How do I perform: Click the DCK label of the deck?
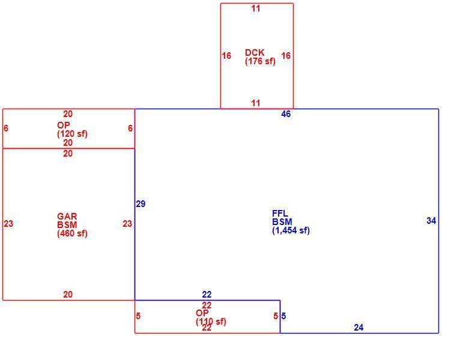click(x=255, y=53)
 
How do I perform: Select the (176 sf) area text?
click(x=260, y=61)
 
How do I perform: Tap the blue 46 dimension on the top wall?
click(x=286, y=114)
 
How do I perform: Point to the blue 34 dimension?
click(x=431, y=221)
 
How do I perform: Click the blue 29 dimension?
click(x=141, y=204)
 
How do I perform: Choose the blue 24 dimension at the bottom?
click(x=359, y=328)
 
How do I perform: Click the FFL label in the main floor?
click(x=280, y=213)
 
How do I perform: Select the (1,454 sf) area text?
click(x=291, y=230)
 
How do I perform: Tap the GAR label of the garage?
click(x=67, y=216)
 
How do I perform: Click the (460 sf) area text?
click(x=72, y=233)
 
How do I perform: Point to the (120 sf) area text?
click(x=72, y=134)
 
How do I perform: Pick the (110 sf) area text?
click(x=211, y=322)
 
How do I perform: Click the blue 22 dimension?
click(x=207, y=295)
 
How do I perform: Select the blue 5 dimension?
click(x=283, y=316)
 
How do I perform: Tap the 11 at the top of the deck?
click(x=256, y=8)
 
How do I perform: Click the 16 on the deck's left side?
click(x=226, y=56)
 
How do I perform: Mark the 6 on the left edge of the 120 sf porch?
click(x=6, y=128)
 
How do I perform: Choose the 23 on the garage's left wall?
click(x=8, y=224)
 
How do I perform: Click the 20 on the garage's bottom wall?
click(x=68, y=295)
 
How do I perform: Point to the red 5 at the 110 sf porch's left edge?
click(x=138, y=316)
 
